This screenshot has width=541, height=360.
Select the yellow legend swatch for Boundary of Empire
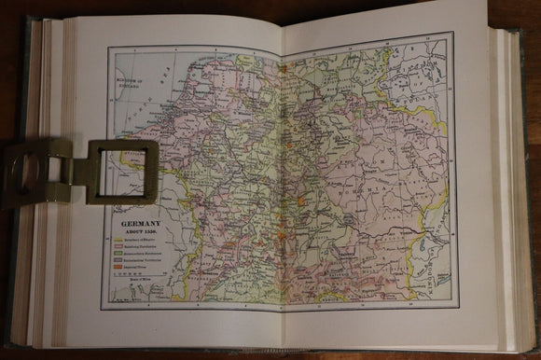[117, 242]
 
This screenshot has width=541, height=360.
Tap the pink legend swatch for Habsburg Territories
[117, 250]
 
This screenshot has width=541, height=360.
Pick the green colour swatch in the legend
[117, 256]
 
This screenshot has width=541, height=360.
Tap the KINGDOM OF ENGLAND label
[127, 84]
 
